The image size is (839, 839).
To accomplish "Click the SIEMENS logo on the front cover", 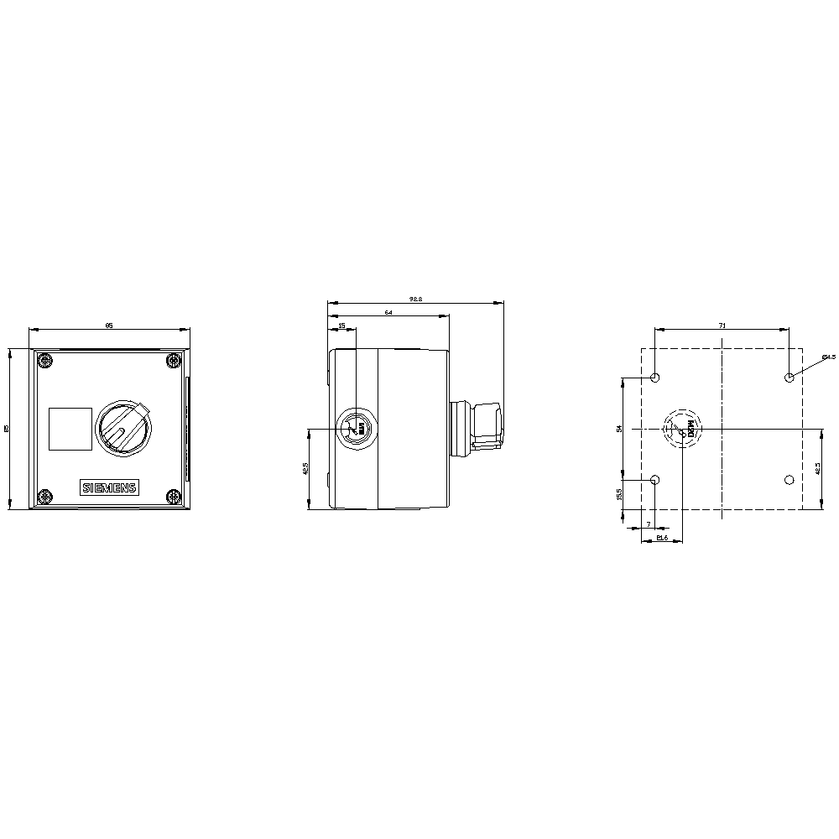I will pyautogui.click(x=109, y=489).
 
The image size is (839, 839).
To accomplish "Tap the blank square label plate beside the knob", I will pyautogui.click(x=70, y=428).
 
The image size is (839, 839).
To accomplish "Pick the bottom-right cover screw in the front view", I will pyautogui.click(x=173, y=498).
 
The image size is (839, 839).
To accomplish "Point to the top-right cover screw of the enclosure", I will pyautogui.click(x=173, y=362).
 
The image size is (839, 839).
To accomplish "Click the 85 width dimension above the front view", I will pyautogui.click(x=109, y=324).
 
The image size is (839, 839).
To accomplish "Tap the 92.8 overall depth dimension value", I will pyautogui.click(x=414, y=298).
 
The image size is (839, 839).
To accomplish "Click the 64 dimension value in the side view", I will pyautogui.click(x=388, y=311).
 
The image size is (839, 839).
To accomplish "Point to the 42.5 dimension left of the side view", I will pyautogui.click(x=305, y=468).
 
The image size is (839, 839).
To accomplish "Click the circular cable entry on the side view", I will pyautogui.click(x=357, y=429).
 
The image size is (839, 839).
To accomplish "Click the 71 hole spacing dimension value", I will pyautogui.click(x=722, y=324).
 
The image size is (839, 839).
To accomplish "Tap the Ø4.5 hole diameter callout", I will pyautogui.click(x=828, y=358).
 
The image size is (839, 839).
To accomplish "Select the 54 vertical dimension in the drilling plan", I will pyautogui.click(x=619, y=428).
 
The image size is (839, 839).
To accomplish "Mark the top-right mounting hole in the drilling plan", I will pyautogui.click(x=789, y=378).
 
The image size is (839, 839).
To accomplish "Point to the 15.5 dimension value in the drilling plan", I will pyautogui.click(x=619, y=494).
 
